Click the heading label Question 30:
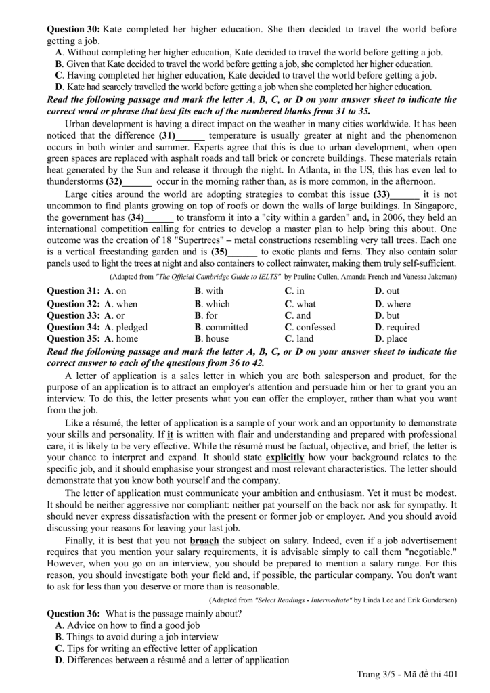pyautogui.click(x=73, y=30)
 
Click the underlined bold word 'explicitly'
pyautogui.click(x=284, y=457)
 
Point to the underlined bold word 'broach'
pyautogui.click(x=204, y=541)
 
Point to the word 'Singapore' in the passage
pyautogui.click(x=434, y=206)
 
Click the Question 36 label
pyautogui.click(x=73, y=614)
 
